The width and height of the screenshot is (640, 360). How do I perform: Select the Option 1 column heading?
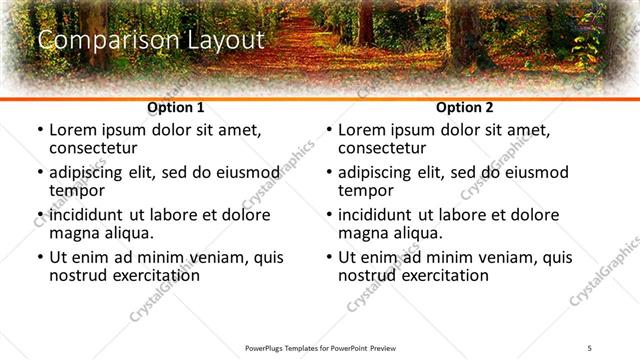click(x=176, y=107)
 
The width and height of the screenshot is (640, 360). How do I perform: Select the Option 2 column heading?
click(x=465, y=107)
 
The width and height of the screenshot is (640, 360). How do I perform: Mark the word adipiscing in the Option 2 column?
click(x=377, y=172)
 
